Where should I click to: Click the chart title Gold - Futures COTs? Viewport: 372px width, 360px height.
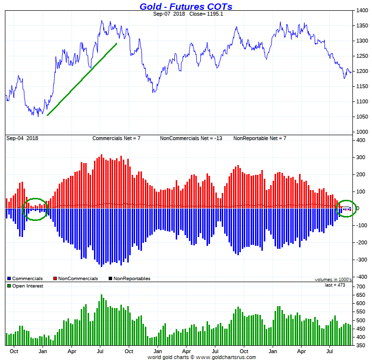pyautogui.click(x=186, y=6)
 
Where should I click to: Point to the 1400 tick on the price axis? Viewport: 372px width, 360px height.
pyautogui.click(x=362, y=10)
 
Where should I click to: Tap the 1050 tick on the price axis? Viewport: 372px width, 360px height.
pyautogui.click(x=362, y=117)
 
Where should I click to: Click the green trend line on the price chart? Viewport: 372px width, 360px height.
pyautogui.click(x=82, y=79)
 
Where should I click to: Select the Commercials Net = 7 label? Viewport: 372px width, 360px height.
pyautogui.click(x=116, y=139)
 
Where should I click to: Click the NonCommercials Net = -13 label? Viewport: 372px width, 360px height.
pyautogui.click(x=191, y=139)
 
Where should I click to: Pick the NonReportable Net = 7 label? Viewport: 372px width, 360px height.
pyautogui.click(x=259, y=139)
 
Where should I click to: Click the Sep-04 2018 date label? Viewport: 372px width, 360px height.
pyautogui.click(x=22, y=139)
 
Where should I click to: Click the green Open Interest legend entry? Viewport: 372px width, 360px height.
pyautogui.click(x=27, y=286)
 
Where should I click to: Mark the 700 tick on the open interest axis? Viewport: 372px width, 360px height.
pyautogui.click(x=361, y=287)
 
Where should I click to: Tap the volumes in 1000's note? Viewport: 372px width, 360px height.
pyautogui.click(x=333, y=279)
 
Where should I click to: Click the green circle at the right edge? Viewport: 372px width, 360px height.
pyautogui.click(x=347, y=209)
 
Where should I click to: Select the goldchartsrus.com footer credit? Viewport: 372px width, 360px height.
pyautogui.click(x=202, y=357)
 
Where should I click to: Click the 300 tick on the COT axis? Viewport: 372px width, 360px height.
pyautogui.click(x=361, y=158)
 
